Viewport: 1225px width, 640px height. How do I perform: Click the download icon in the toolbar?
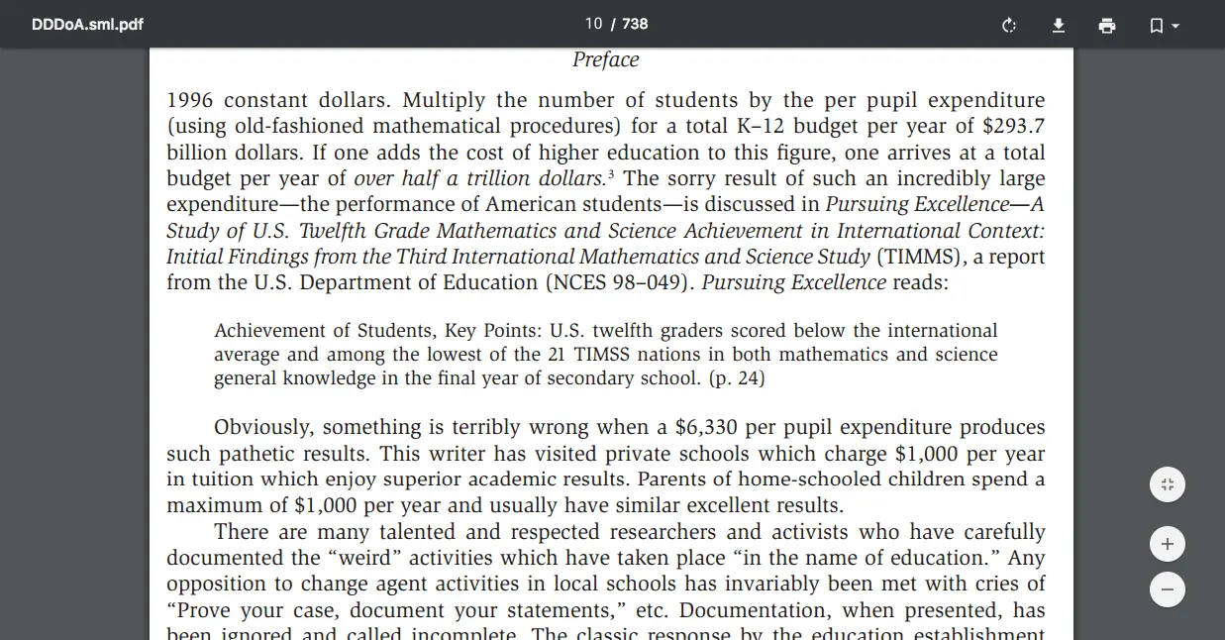click(1059, 25)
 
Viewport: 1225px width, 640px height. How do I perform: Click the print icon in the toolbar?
click(1107, 25)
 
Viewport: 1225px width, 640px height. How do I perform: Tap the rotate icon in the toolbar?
click(1009, 25)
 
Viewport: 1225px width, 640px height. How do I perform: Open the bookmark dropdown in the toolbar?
click(1164, 25)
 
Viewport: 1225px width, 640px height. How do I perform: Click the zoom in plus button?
click(1168, 544)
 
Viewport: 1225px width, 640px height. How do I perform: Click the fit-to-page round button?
click(1168, 484)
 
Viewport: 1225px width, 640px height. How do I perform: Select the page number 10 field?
click(593, 24)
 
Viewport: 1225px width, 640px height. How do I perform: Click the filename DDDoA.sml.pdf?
click(87, 24)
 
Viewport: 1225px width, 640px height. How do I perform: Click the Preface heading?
click(606, 59)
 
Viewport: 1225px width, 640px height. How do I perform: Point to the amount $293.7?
click(1013, 127)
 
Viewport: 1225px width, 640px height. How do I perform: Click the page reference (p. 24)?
click(736, 378)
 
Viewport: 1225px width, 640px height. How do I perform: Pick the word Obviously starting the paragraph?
click(262, 428)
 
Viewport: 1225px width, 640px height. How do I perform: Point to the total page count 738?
click(635, 24)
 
